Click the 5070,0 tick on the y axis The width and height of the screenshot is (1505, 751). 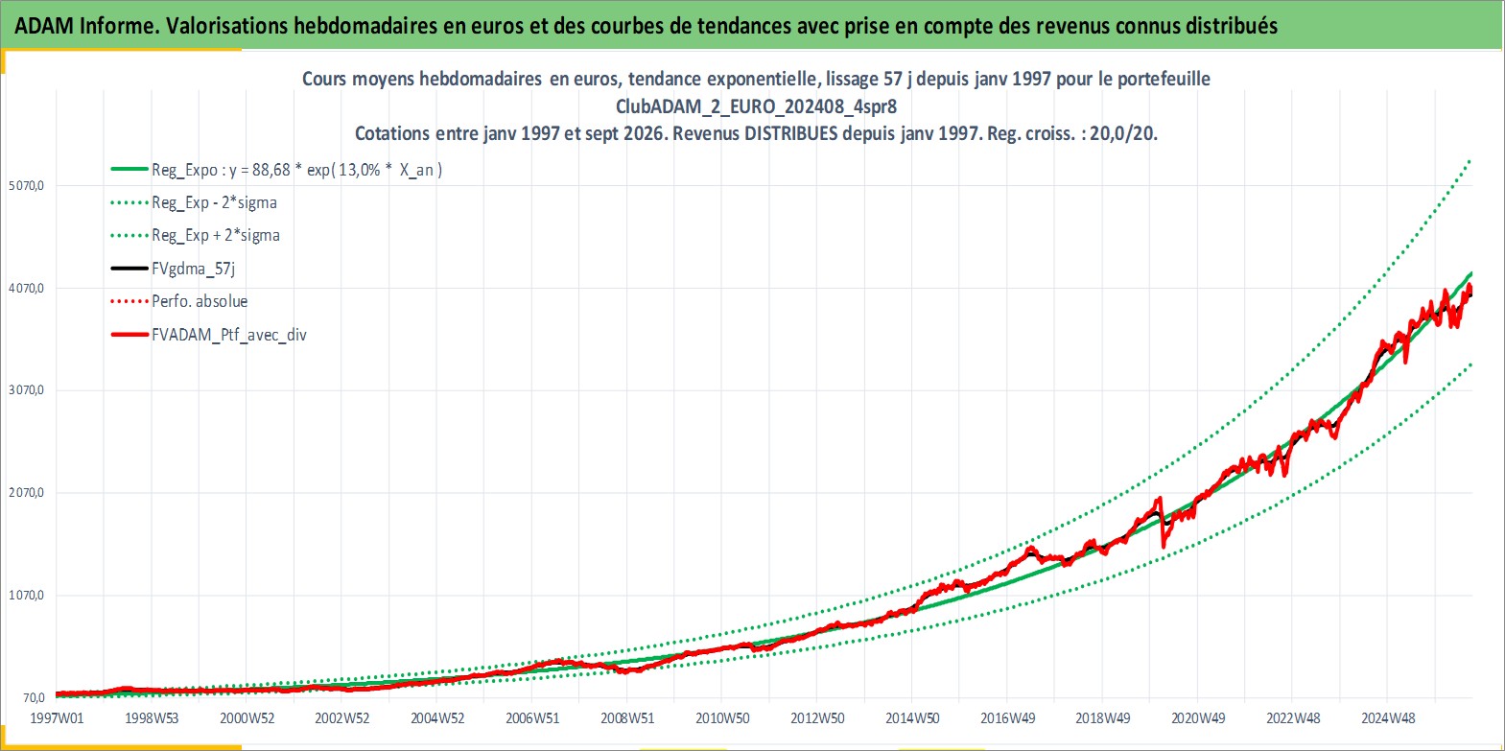[26, 186]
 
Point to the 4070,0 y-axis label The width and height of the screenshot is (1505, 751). [26, 288]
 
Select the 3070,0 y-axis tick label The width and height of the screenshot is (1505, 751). [26, 390]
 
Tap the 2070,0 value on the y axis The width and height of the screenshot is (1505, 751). [26, 493]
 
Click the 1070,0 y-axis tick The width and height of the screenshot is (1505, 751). [26, 596]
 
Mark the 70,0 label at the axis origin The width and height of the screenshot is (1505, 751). [33, 698]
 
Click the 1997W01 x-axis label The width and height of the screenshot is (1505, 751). [58, 718]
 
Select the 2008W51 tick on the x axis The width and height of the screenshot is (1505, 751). [627, 718]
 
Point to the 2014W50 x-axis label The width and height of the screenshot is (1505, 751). [912, 718]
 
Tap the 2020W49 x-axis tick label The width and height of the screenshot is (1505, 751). [1198, 718]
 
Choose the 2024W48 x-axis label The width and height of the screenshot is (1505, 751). [1388, 718]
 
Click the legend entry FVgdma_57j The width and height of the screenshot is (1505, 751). [194, 269]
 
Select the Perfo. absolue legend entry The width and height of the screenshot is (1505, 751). [200, 301]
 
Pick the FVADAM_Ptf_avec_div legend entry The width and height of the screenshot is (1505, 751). [229, 335]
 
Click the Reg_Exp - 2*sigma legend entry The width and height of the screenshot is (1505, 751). [214, 203]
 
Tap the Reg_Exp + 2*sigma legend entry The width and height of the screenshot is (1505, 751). [216, 236]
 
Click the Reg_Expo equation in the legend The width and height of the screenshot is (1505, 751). [297, 170]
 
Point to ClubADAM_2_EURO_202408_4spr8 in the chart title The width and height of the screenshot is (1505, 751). [756, 106]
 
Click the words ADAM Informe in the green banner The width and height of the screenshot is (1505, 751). [86, 26]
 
